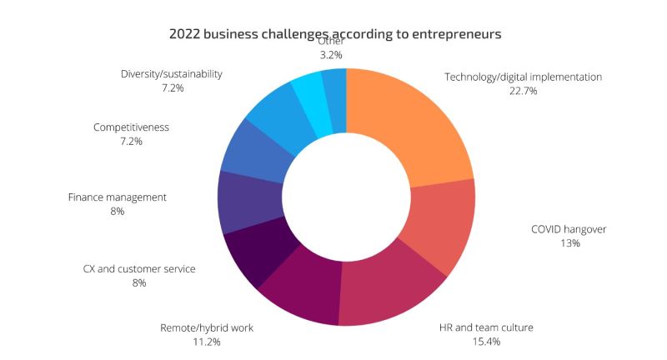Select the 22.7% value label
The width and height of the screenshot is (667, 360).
click(523, 91)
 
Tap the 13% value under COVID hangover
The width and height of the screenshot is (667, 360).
click(569, 243)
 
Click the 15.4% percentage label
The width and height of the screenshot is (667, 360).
click(485, 342)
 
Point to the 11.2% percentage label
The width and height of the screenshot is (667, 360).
click(207, 342)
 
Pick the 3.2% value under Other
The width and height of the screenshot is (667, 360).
click(331, 55)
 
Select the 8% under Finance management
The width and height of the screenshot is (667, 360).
click(118, 212)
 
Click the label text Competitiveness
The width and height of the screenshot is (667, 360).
click(131, 127)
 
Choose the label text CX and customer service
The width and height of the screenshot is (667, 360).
click(139, 269)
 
